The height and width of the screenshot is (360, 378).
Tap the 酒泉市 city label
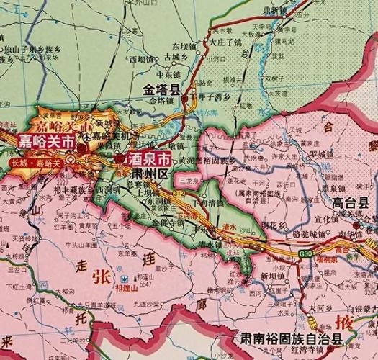coord(147,158)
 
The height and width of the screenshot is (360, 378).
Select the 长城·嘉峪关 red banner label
coord(34,163)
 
